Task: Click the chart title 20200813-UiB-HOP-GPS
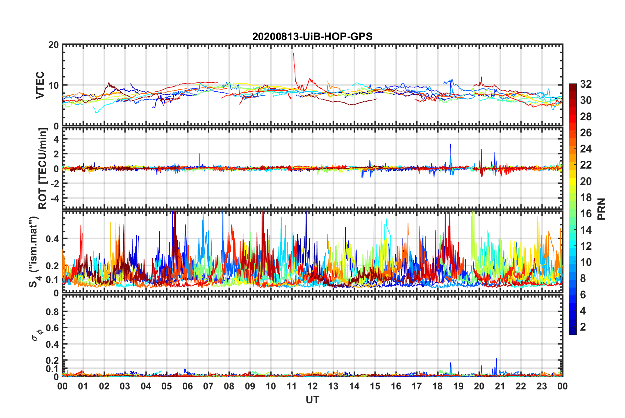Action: (x=312, y=36)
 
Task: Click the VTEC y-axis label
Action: (x=40, y=85)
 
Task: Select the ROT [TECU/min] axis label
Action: (x=43, y=169)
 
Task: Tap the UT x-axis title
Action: (x=312, y=400)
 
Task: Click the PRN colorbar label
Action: (x=602, y=209)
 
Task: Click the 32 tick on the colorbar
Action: (x=586, y=84)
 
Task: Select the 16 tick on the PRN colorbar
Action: (x=586, y=214)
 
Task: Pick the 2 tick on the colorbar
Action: (x=583, y=327)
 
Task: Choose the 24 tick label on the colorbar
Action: (x=586, y=149)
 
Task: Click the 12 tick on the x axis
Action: (x=312, y=386)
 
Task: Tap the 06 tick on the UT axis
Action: (x=187, y=386)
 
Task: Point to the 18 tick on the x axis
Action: (x=437, y=386)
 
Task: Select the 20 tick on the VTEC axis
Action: (x=53, y=45)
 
